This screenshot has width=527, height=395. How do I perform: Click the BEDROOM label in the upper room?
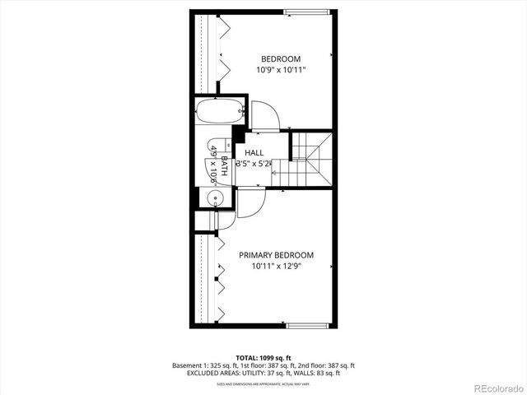(x=281, y=58)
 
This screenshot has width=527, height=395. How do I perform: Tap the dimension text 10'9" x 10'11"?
(x=281, y=70)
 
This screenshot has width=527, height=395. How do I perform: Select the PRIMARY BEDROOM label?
(x=277, y=255)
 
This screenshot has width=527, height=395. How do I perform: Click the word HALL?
(x=254, y=153)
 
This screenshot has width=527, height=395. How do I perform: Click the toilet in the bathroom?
(x=216, y=149)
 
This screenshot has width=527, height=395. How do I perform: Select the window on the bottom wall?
(x=310, y=327)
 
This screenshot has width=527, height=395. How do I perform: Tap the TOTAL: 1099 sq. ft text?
(x=263, y=357)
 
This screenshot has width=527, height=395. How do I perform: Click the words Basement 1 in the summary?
(x=193, y=365)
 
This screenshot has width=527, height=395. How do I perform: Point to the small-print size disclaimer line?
(x=263, y=384)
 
